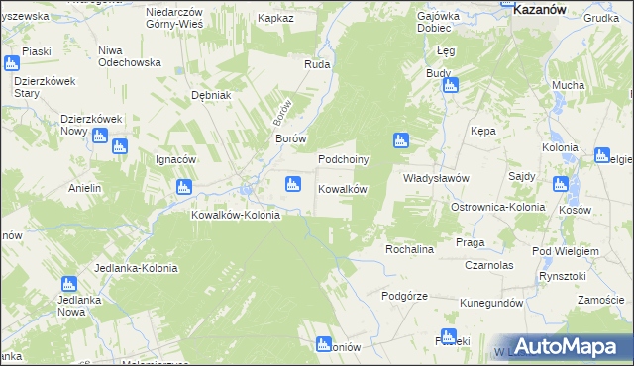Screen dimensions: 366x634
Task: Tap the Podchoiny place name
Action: pyautogui.click(x=344, y=159)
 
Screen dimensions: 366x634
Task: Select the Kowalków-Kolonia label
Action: pyautogui.click(x=236, y=215)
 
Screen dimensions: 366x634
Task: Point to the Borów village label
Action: pyautogui.click(x=290, y=139)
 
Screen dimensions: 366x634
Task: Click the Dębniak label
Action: pyautogui.click(x=210, y=95)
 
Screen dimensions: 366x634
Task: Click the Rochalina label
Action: pyautogui.click(x=410, y=249)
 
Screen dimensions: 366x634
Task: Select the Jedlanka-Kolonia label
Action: pyautogui.click(x=137, y=268)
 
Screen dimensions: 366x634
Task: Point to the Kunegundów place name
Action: pyautogui.click(x=490, y=302)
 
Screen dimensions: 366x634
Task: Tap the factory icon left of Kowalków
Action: pyautogui.click(x=292, y=183)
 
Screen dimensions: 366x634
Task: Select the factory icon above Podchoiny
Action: pyautogui.click(x=401, y=140)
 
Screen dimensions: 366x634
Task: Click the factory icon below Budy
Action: pyautogui.click(x=450, y=86)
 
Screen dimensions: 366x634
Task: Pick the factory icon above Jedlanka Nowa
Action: pyautogui.click(x=68, y=284)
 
